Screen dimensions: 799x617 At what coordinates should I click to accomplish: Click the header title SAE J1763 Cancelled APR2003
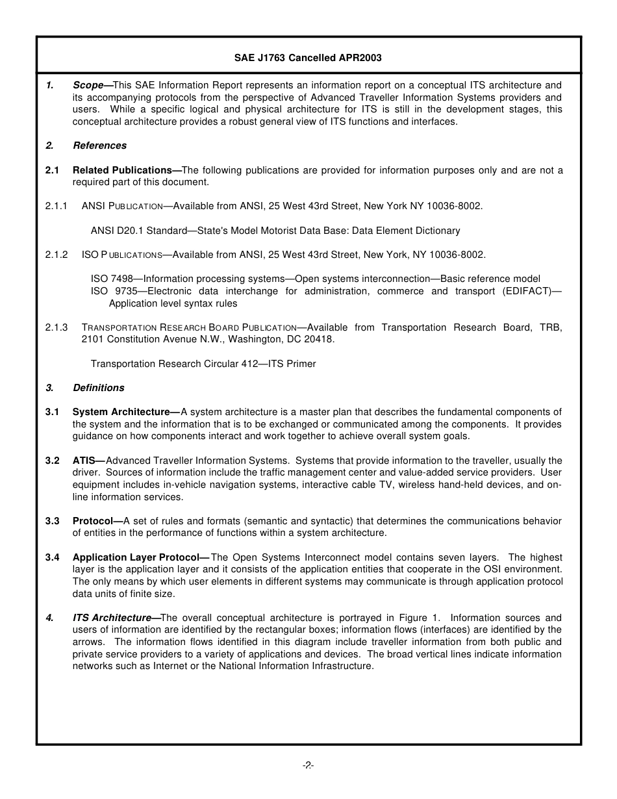[308, 58]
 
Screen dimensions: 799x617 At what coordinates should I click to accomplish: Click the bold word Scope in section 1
[88, 85]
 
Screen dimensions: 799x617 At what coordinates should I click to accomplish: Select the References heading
[99, 146]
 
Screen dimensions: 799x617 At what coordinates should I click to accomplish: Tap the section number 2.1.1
[57, 206]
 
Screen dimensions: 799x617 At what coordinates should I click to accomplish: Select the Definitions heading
[98, 388]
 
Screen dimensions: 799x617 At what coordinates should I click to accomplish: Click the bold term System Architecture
[121, 412]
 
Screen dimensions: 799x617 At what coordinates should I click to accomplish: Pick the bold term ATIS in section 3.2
[84, 461]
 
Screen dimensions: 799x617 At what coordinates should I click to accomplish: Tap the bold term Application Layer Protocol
[136, 557]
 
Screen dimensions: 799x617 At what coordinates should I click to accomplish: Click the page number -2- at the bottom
[308, 765]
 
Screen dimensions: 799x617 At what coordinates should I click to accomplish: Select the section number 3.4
[53, 557]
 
